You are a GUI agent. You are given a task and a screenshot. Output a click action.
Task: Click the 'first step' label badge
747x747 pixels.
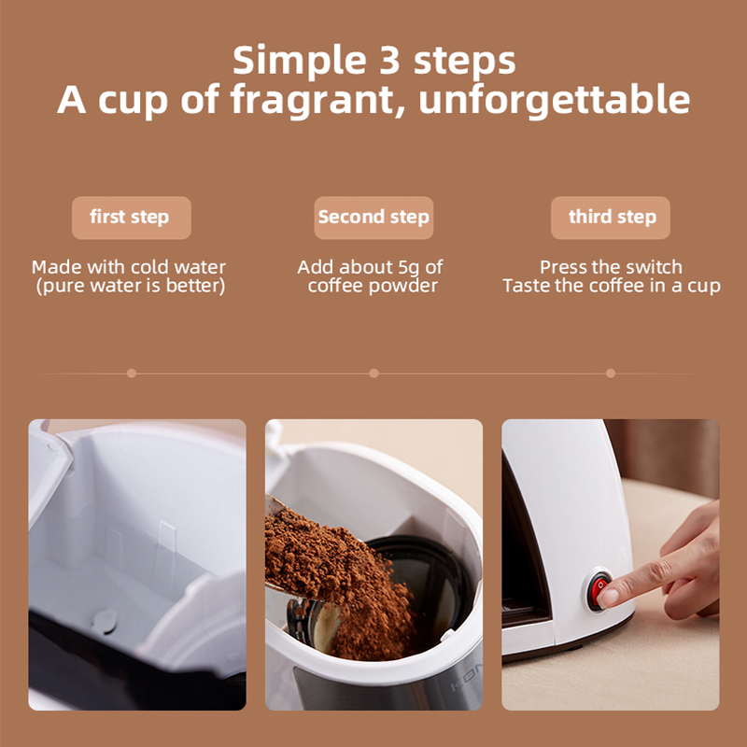[x=130, y=218]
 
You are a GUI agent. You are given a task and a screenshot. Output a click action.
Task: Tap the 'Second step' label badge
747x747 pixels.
[x=373, y=218]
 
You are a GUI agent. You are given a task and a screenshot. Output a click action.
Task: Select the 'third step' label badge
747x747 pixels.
[x=612, y=218]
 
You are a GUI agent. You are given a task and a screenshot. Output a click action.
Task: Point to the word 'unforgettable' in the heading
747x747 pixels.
[x=555, y=99]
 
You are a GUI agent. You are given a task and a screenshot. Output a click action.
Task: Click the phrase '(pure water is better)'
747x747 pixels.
[x=130, y=286]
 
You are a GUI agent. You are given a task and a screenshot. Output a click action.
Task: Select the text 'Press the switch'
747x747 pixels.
[x=611, y=267]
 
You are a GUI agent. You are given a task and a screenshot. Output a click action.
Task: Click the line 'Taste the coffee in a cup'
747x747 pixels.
[x=611, y=286]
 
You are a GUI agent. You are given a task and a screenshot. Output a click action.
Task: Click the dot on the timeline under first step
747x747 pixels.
[x=132, y=373]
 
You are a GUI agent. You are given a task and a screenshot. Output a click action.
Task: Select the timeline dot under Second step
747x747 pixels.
[x=373, y=373]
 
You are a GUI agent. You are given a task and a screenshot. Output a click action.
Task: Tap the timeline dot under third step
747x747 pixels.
[x=611, y=373]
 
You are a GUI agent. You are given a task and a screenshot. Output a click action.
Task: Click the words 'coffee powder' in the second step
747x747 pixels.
[x=373, y=286]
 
